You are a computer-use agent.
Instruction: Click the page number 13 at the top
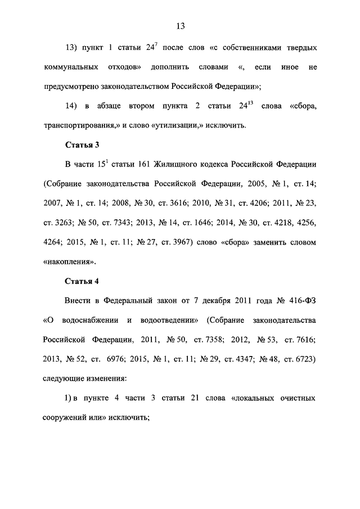[x=180, y=26]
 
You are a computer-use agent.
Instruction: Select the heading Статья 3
[x=82, y=145]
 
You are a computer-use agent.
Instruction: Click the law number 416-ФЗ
[x=300, y=300]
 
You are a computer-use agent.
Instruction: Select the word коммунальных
[x=69, y=67]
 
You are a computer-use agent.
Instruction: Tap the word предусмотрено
[x=72, y=87]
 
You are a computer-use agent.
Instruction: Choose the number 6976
[x=115, y=359]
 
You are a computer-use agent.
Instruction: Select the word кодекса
[x=236, y=164]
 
